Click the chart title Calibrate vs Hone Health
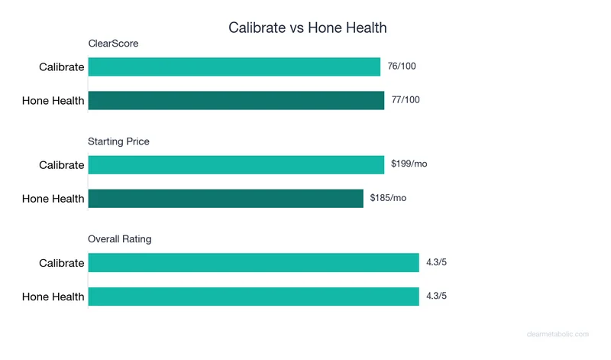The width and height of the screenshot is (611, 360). (x=308, y=28)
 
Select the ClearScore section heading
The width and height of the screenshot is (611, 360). (x=113, y=44)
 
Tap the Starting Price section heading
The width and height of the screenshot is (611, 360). (x=118, y=141)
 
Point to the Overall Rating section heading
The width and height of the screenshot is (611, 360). (x=120, y=239)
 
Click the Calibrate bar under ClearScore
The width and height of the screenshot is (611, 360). (x=234, y=66)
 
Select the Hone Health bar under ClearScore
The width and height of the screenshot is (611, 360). (x=236, y=100)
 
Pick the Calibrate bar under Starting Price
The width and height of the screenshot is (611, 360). (x=236, y=165)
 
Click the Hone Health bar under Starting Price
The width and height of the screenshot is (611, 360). (x=225, y=199)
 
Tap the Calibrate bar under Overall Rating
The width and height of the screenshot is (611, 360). (x=254, y=263)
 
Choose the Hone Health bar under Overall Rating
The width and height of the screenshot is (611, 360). (x=254, y=297)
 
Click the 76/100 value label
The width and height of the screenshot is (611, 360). (x=402, y=66)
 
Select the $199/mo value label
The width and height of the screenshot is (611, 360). (x=409, y=164)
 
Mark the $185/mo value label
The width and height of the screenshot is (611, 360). (x=388, y=199)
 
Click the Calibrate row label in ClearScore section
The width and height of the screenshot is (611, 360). (x=62, y=66)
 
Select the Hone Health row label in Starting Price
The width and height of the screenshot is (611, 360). (x=53, y=199)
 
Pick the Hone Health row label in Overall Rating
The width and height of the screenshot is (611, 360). (x=53, y=297)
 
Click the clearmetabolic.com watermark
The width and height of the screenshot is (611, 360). (x=558, y=334)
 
